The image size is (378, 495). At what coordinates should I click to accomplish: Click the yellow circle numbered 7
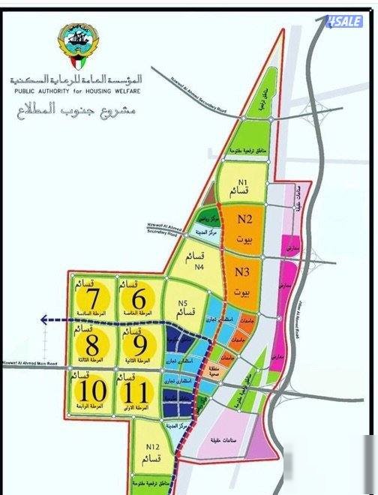[x=94, y=299]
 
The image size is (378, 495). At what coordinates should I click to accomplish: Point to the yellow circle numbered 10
[x=93, y=391]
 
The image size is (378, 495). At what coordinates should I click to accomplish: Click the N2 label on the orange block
[x=244, y=220]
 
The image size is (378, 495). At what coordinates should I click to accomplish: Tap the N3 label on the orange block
[x=241, y=272]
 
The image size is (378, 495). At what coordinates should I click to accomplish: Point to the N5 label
[x=182, y=303]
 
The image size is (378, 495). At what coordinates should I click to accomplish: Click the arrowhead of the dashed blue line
[x=44, y=319]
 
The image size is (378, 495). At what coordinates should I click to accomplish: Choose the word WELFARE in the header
[x=125, y=91]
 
